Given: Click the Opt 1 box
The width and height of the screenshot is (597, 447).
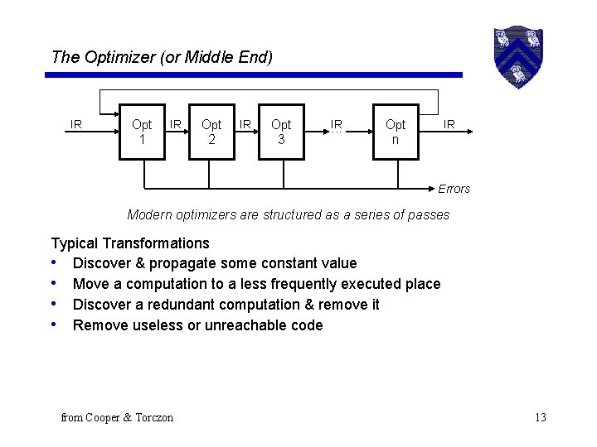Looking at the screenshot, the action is [x=142, y=132].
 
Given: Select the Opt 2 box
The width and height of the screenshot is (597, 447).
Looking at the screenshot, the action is [x=211, y=132].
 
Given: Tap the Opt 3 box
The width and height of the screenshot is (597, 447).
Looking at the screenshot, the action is [x=281, y=132].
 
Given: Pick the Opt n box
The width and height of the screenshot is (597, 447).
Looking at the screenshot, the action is [x=396, y=132].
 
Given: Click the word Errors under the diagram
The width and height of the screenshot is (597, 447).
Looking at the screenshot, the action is [x=454, y=189].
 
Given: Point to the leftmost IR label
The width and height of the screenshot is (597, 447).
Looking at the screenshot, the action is [x=76, y=125].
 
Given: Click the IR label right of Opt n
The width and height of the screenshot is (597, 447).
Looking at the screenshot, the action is [x=449, y=125].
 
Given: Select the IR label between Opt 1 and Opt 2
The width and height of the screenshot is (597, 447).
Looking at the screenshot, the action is [x=176, y=125].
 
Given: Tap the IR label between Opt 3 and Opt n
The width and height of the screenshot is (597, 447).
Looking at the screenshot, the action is [x=336, y=125].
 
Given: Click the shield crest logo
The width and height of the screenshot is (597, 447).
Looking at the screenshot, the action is [x=517, y=56].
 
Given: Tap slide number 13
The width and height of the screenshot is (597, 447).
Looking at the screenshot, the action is [x=541, y=417].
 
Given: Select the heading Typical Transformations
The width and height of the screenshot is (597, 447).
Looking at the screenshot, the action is [x=130, y=243].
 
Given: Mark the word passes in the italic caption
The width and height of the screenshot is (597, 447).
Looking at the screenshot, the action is [x=428, y=215].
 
